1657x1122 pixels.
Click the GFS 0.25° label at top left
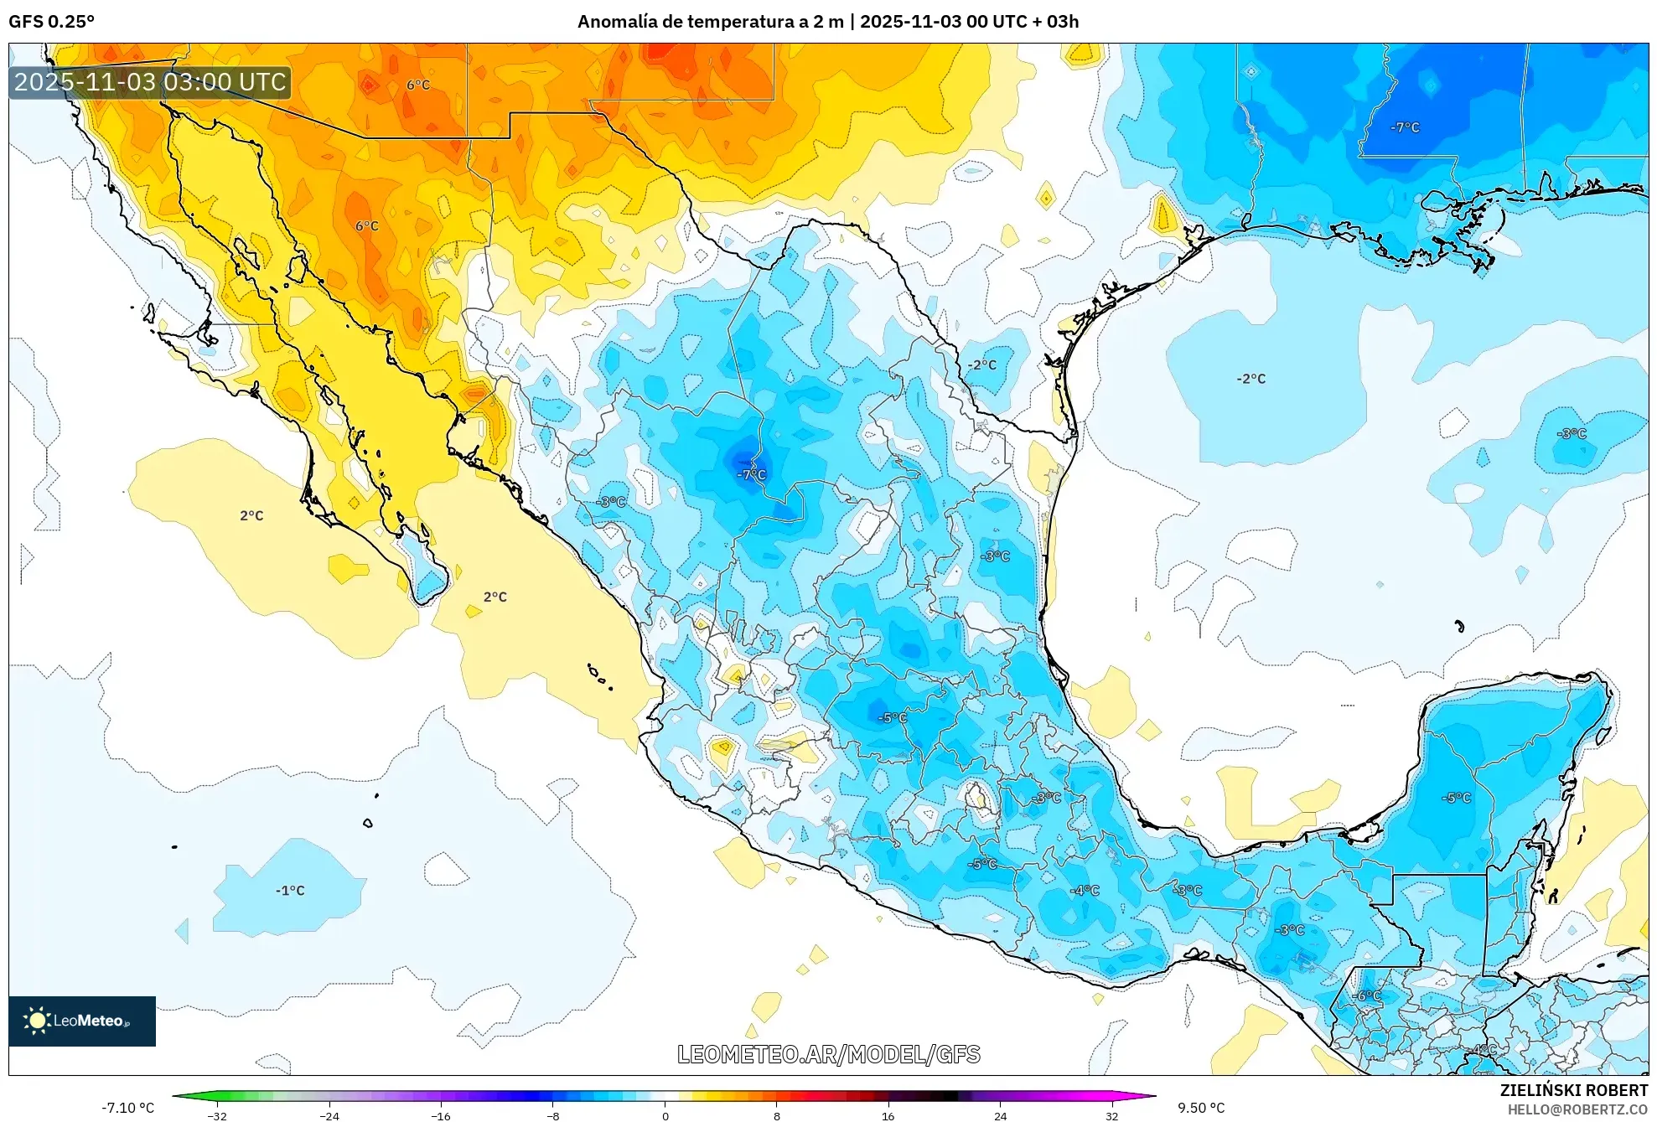[51, 22]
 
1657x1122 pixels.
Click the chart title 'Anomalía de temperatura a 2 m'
[710, 22]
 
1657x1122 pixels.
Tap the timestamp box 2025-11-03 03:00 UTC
[150, 82]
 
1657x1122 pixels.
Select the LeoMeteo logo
[81, 1021]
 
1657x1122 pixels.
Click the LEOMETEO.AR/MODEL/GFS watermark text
[828, 1054]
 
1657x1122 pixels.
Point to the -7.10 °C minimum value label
[128, 1108]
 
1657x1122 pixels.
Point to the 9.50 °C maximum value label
[1201, 1108]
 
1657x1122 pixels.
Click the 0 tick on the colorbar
[665, 1115]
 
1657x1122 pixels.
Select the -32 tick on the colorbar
[217, 1115]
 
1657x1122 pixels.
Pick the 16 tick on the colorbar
[888, 1115]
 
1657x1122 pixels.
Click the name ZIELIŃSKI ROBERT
[1573, 1090]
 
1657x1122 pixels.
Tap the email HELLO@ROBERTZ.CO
[1577, 1109]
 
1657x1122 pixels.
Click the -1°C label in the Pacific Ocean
[290, 891]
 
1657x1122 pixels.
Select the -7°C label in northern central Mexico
[751, 474]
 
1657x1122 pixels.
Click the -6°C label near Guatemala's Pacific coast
[1366, 995]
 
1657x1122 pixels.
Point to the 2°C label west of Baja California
[251, 515]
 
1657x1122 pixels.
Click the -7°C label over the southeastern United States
[1405, 127]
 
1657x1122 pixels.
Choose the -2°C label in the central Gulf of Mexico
[1251, 379]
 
